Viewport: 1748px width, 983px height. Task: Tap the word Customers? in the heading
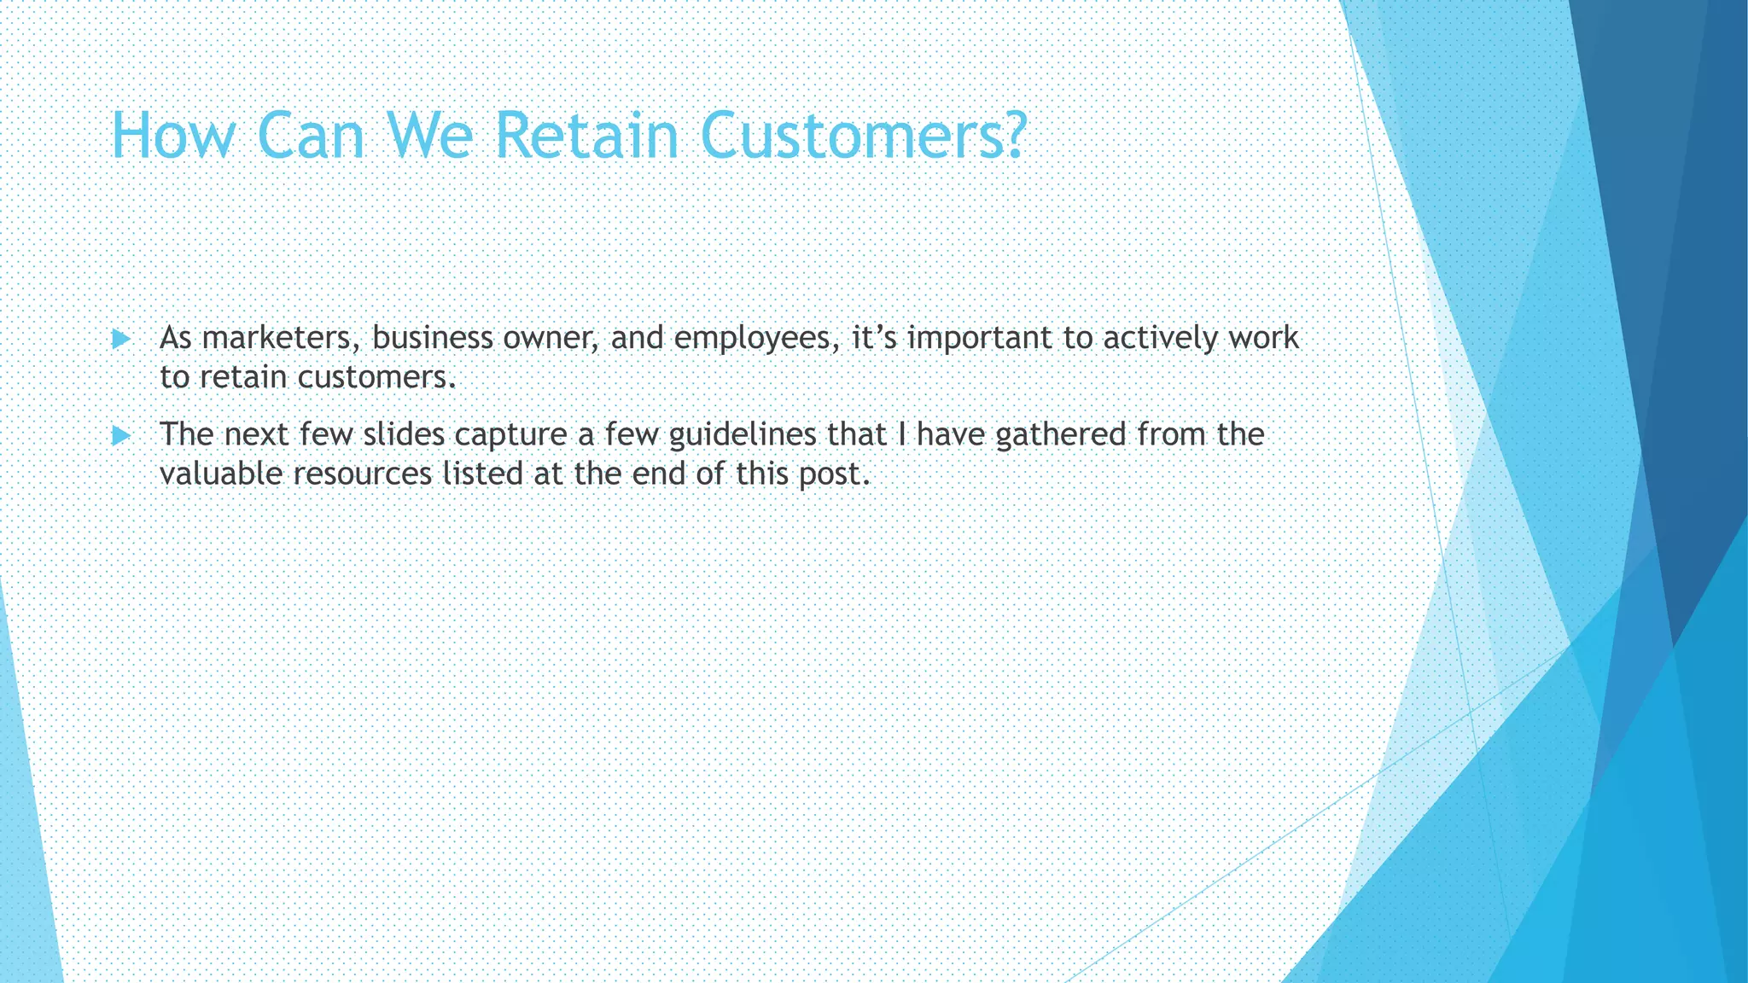pos(866,136)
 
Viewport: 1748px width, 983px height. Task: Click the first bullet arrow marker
pos(120,340)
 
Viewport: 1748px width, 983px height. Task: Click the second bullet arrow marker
pos(120,436)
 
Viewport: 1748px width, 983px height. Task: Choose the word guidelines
pos(743,435)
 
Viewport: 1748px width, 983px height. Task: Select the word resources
pos(363,474)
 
